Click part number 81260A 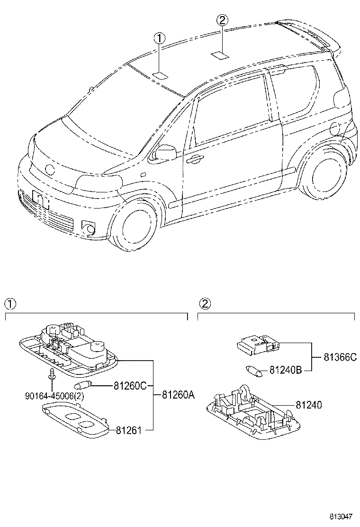coord(178,394)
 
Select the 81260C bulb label coord(130,386)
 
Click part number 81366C coord(340,357)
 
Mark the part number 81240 coord(308,405)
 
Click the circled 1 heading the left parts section coord(10,303)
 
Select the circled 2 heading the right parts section coord(204,303)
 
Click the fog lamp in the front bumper coord(88,228)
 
